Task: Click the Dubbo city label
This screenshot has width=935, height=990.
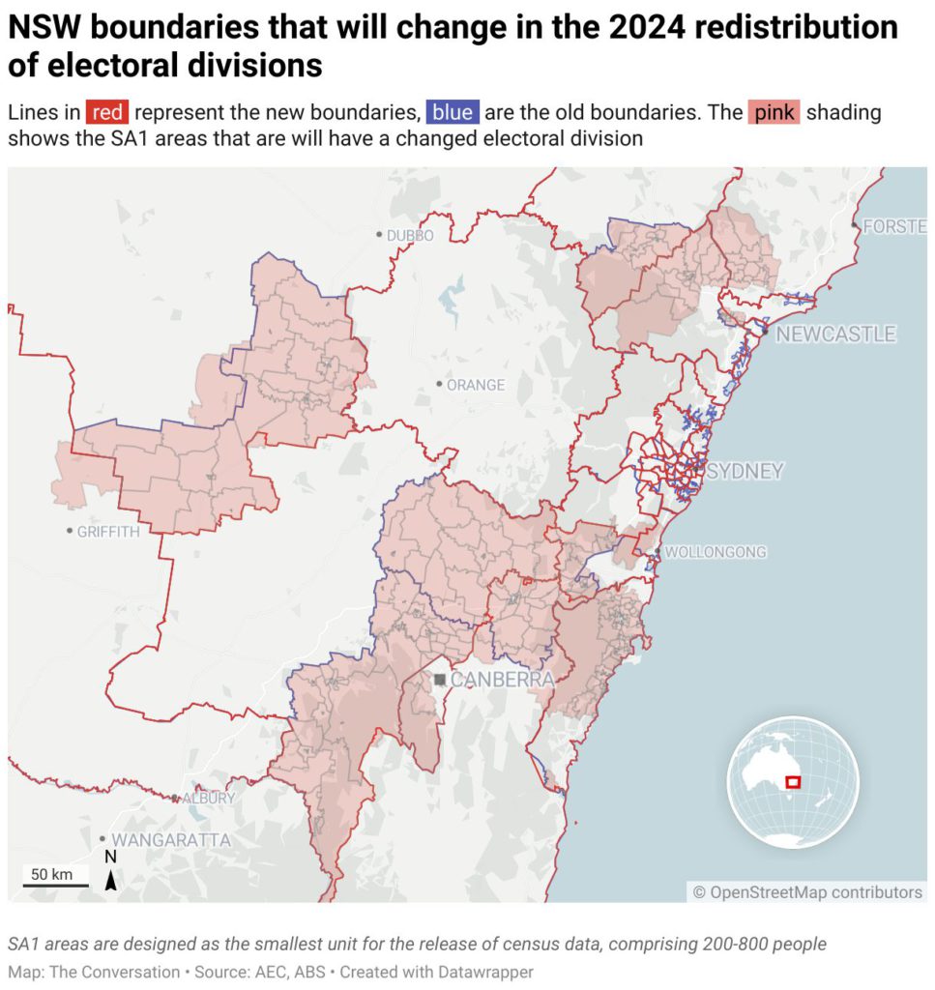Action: tap(410, 235)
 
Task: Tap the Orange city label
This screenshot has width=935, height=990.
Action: tap(475, 385)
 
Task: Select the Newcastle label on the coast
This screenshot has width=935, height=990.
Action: tap(835, 335)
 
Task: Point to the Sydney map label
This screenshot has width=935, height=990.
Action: tap(745, 472)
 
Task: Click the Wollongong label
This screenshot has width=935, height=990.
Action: tap(716, 552)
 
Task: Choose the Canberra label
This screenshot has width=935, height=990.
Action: tap(503, 680)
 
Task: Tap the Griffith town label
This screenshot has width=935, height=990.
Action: tap(108, 532)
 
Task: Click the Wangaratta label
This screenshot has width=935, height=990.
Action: tap(171, 840)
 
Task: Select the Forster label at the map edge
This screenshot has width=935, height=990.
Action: tap(894, 226)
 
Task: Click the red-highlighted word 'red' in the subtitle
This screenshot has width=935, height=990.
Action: tap(106, 112)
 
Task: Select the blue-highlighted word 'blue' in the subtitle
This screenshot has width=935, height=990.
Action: tap(453, 112)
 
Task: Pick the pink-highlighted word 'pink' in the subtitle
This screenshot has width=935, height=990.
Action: tap(774, 112)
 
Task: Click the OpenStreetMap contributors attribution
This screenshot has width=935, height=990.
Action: tap(807, 892)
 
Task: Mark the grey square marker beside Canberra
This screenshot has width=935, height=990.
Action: tap(440, 681)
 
